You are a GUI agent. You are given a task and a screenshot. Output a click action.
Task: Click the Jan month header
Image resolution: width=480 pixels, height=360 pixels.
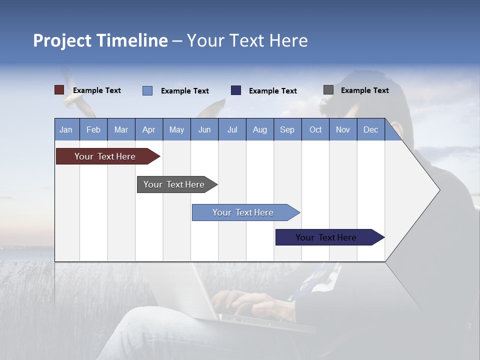click(x=66, y=129)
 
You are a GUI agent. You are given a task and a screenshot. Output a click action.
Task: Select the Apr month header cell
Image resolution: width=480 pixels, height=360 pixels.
click(x=148, y=129)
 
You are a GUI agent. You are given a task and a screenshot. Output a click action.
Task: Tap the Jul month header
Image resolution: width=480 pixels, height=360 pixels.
click(x=232, y=129)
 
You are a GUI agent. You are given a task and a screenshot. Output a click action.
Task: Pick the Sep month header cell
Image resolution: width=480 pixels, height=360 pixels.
click(x=287, y=129)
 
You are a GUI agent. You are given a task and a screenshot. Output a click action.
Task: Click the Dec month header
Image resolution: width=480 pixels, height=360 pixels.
click(x=370, y=129)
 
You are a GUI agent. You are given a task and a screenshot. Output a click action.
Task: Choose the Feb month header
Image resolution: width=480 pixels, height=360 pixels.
click(x=93, y=129)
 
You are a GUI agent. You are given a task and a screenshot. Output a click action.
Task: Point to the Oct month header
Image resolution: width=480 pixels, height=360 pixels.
click(x=315, y=129)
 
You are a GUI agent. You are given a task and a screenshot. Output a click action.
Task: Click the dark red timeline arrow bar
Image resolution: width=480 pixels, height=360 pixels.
click(x=105, y=156)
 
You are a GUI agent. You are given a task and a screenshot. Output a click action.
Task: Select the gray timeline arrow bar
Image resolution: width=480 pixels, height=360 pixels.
click(x=174, y=184)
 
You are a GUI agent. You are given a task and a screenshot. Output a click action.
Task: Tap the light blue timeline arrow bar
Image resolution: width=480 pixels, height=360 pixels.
click(x=243, y=212)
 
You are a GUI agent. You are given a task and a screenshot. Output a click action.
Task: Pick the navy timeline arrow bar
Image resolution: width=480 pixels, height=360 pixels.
click(x=326, y=237)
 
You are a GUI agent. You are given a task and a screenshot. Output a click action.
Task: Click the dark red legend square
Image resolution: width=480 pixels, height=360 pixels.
click(x=59, y=90)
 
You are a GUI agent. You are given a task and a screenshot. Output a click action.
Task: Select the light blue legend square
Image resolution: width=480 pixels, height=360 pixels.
click(x=147, y=90)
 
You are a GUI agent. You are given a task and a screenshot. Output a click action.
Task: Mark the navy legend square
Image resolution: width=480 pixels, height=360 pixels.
click(x=236, y=90)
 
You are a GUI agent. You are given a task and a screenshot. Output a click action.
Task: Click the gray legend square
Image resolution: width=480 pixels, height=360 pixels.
click(x=328, y=90)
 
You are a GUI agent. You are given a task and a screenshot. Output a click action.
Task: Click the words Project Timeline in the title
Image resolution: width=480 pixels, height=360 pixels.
click(x=100, y=40)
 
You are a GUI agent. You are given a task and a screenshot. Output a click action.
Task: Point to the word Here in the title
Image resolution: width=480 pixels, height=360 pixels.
click(x=288, y=40)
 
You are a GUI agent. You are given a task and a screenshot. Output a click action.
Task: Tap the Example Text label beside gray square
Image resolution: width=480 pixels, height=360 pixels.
click(x=364, y=90)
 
